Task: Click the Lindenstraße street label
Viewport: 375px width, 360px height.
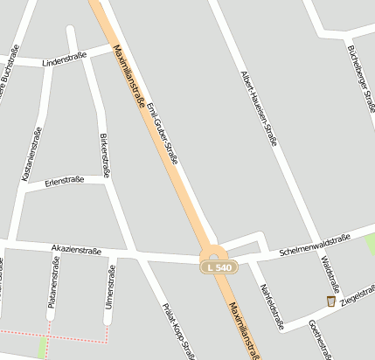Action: pyautogui.click(x=64, y=60)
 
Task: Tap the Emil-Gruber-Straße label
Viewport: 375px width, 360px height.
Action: pyautogui.click(x=163, y=134)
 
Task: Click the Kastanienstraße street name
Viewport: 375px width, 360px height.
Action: pyautogui.click(x=31, y=154)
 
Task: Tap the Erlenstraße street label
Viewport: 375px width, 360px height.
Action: pyautogui.click(x=65, y=180)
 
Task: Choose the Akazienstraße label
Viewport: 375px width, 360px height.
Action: pyautogui.click(x=76, y=250)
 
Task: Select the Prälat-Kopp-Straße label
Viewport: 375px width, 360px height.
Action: pyautogui.click(x=179, y=331)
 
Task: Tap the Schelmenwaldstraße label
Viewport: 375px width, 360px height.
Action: pyautogui.click(x=315, y=244)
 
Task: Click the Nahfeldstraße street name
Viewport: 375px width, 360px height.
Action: pyautogui.click(x=272, y=307)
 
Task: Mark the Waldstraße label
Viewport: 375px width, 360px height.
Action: pyautogui.click(x=330, y=273)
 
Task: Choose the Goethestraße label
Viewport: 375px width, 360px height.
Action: pyautogui.click(x=320, y=339)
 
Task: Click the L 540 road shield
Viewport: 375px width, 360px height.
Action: pyautogui.click(x=219, y=267)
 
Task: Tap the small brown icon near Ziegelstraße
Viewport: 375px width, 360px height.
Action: pyautogui.click(x=330, y=301)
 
